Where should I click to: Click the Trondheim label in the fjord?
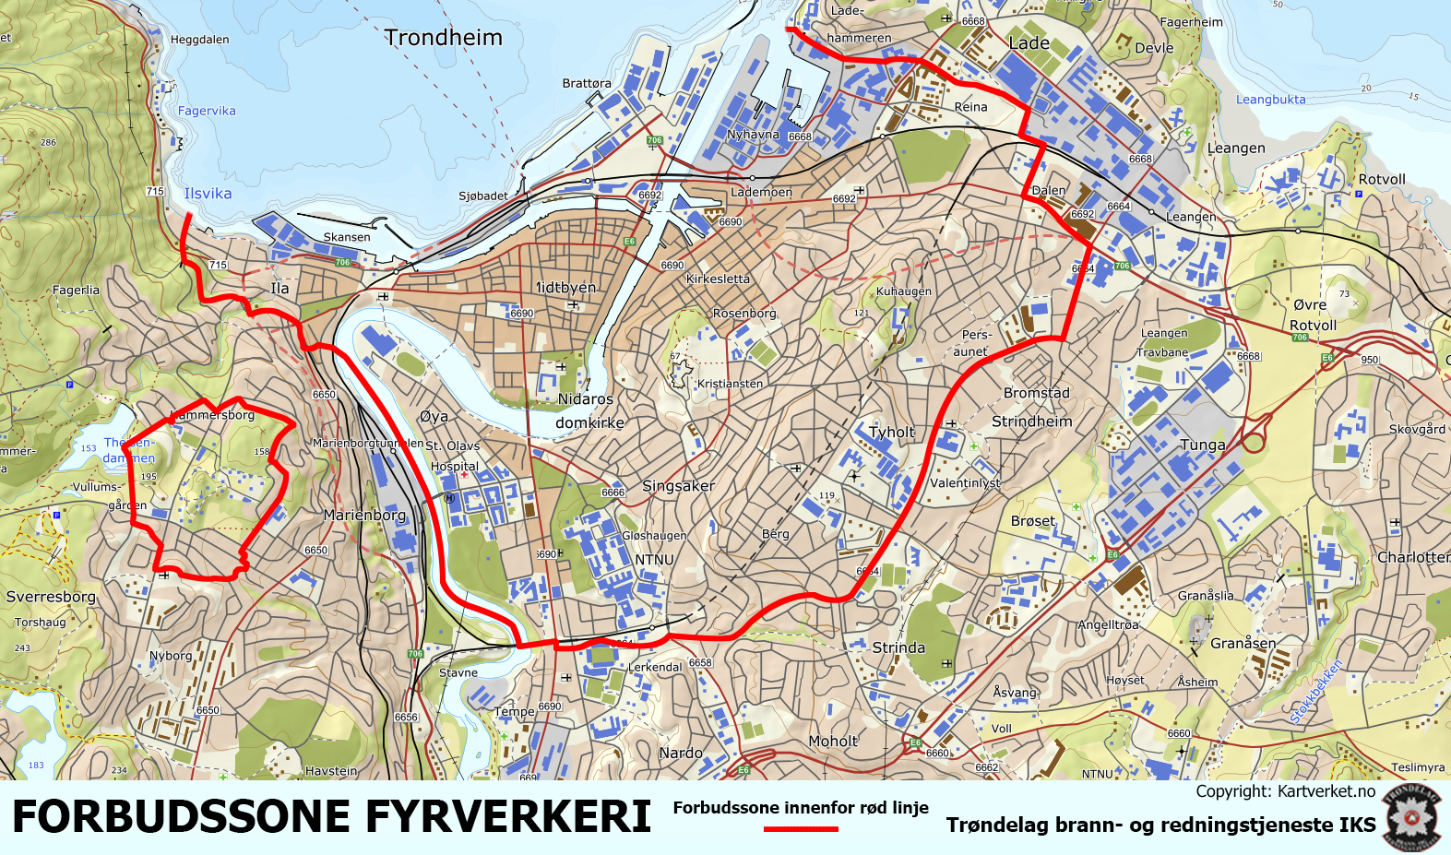[x=443, y=38]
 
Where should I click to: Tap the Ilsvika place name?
[x=208, y=194]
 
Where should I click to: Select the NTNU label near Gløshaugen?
[x=654, y=560]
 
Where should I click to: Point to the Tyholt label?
[x=892, y=432]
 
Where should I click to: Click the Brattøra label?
[x=587, y=83]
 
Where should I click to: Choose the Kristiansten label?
[x=730, y=384]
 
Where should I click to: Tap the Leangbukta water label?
[x=1270, y=100]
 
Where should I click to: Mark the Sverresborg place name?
[x=51, y=597]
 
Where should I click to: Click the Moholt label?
[x=833, y=741]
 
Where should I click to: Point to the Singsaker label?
[x=678, y=486]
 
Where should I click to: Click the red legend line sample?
[x=801, y=829]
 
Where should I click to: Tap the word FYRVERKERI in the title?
[x=508, y=816]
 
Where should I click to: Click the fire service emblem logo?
[x=1411, y=817]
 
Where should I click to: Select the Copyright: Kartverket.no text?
[x=1285, y=791]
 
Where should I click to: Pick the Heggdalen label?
[x=199, y=40]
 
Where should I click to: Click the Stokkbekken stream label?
[x=1316, y=692]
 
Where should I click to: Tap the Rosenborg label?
[x=744, y=313]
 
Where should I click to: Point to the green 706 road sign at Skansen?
[x=342, y=262]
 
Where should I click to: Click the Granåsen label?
[x=1243, y=643]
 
